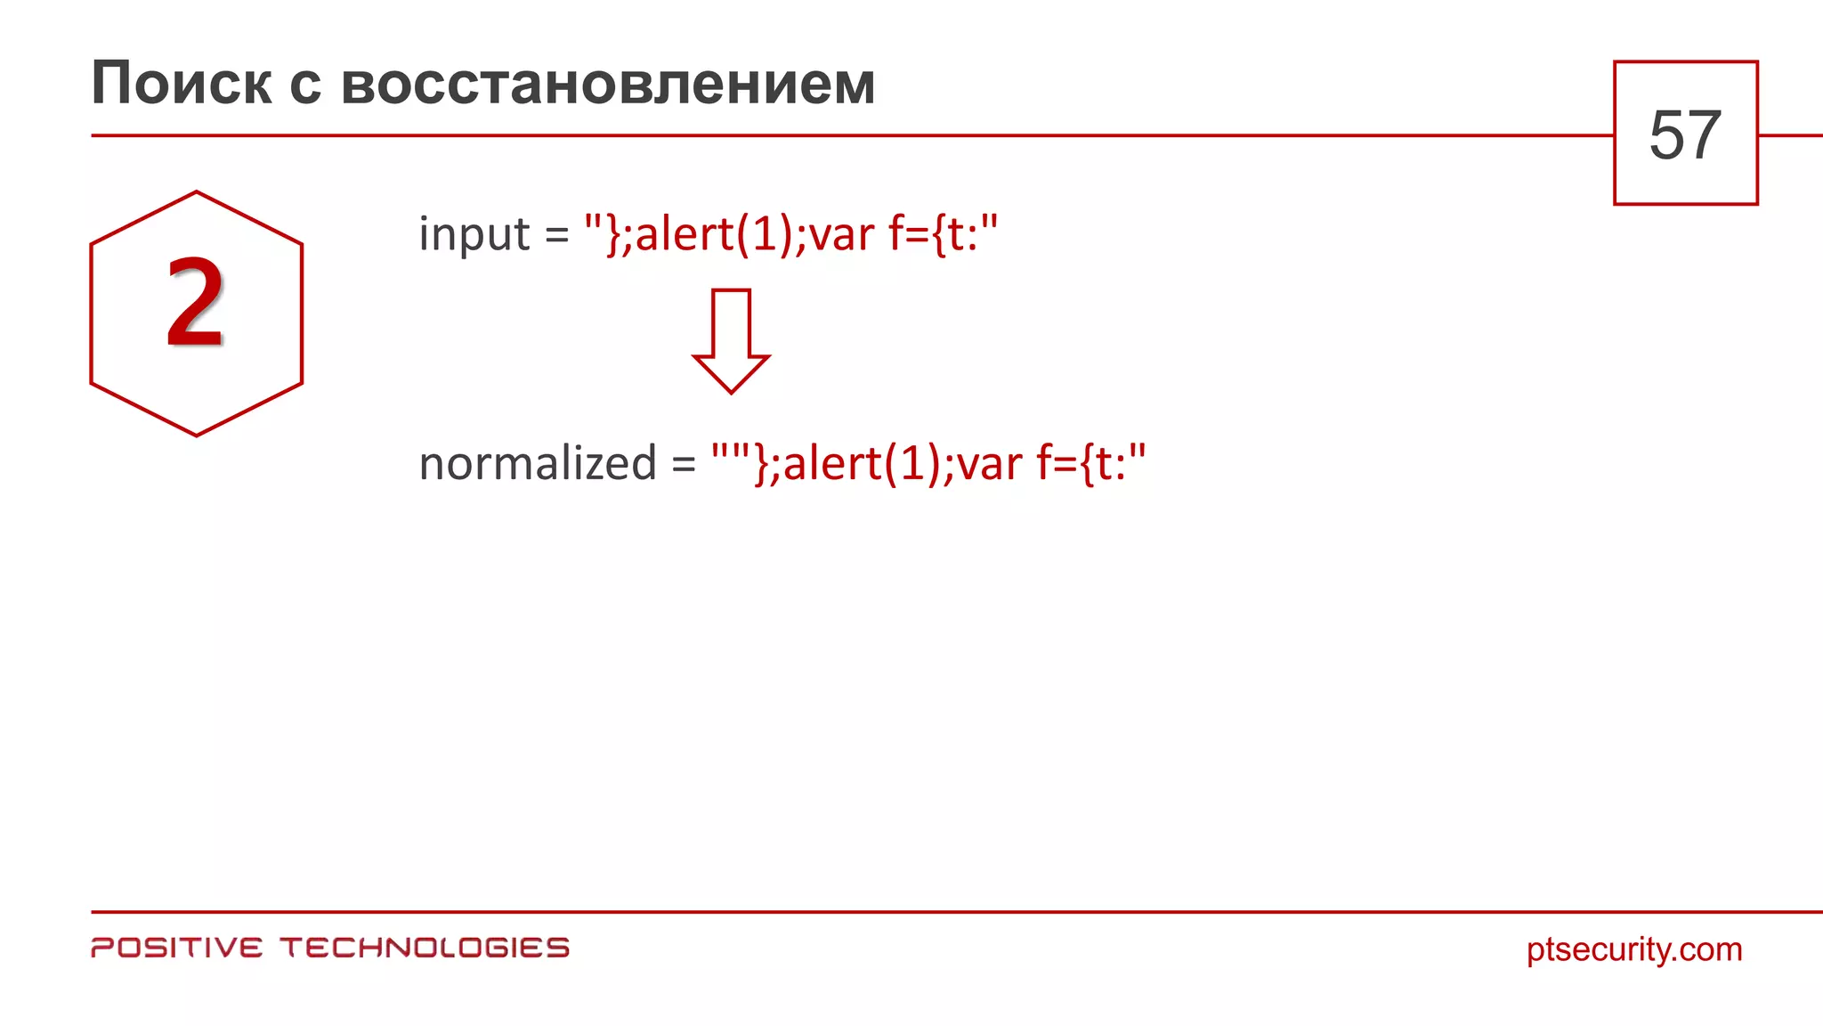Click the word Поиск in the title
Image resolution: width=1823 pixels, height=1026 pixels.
[181, 84]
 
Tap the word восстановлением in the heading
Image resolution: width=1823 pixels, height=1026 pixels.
[608, 84]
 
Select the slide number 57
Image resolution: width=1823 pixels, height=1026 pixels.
[1685, 135]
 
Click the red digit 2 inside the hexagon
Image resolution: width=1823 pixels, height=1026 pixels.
[195, 303]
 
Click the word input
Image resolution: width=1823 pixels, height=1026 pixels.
[474, 234]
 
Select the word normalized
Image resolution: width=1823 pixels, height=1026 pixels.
[538, 463]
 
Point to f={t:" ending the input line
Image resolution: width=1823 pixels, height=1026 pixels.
[944, 234]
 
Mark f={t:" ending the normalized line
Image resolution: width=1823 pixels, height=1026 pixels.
[1091, 463]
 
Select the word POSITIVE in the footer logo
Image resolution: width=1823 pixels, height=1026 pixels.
[177, 948]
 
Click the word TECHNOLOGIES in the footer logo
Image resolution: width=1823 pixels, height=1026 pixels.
[425, 948]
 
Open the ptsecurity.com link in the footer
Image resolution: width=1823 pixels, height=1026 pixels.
[1633, 949]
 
